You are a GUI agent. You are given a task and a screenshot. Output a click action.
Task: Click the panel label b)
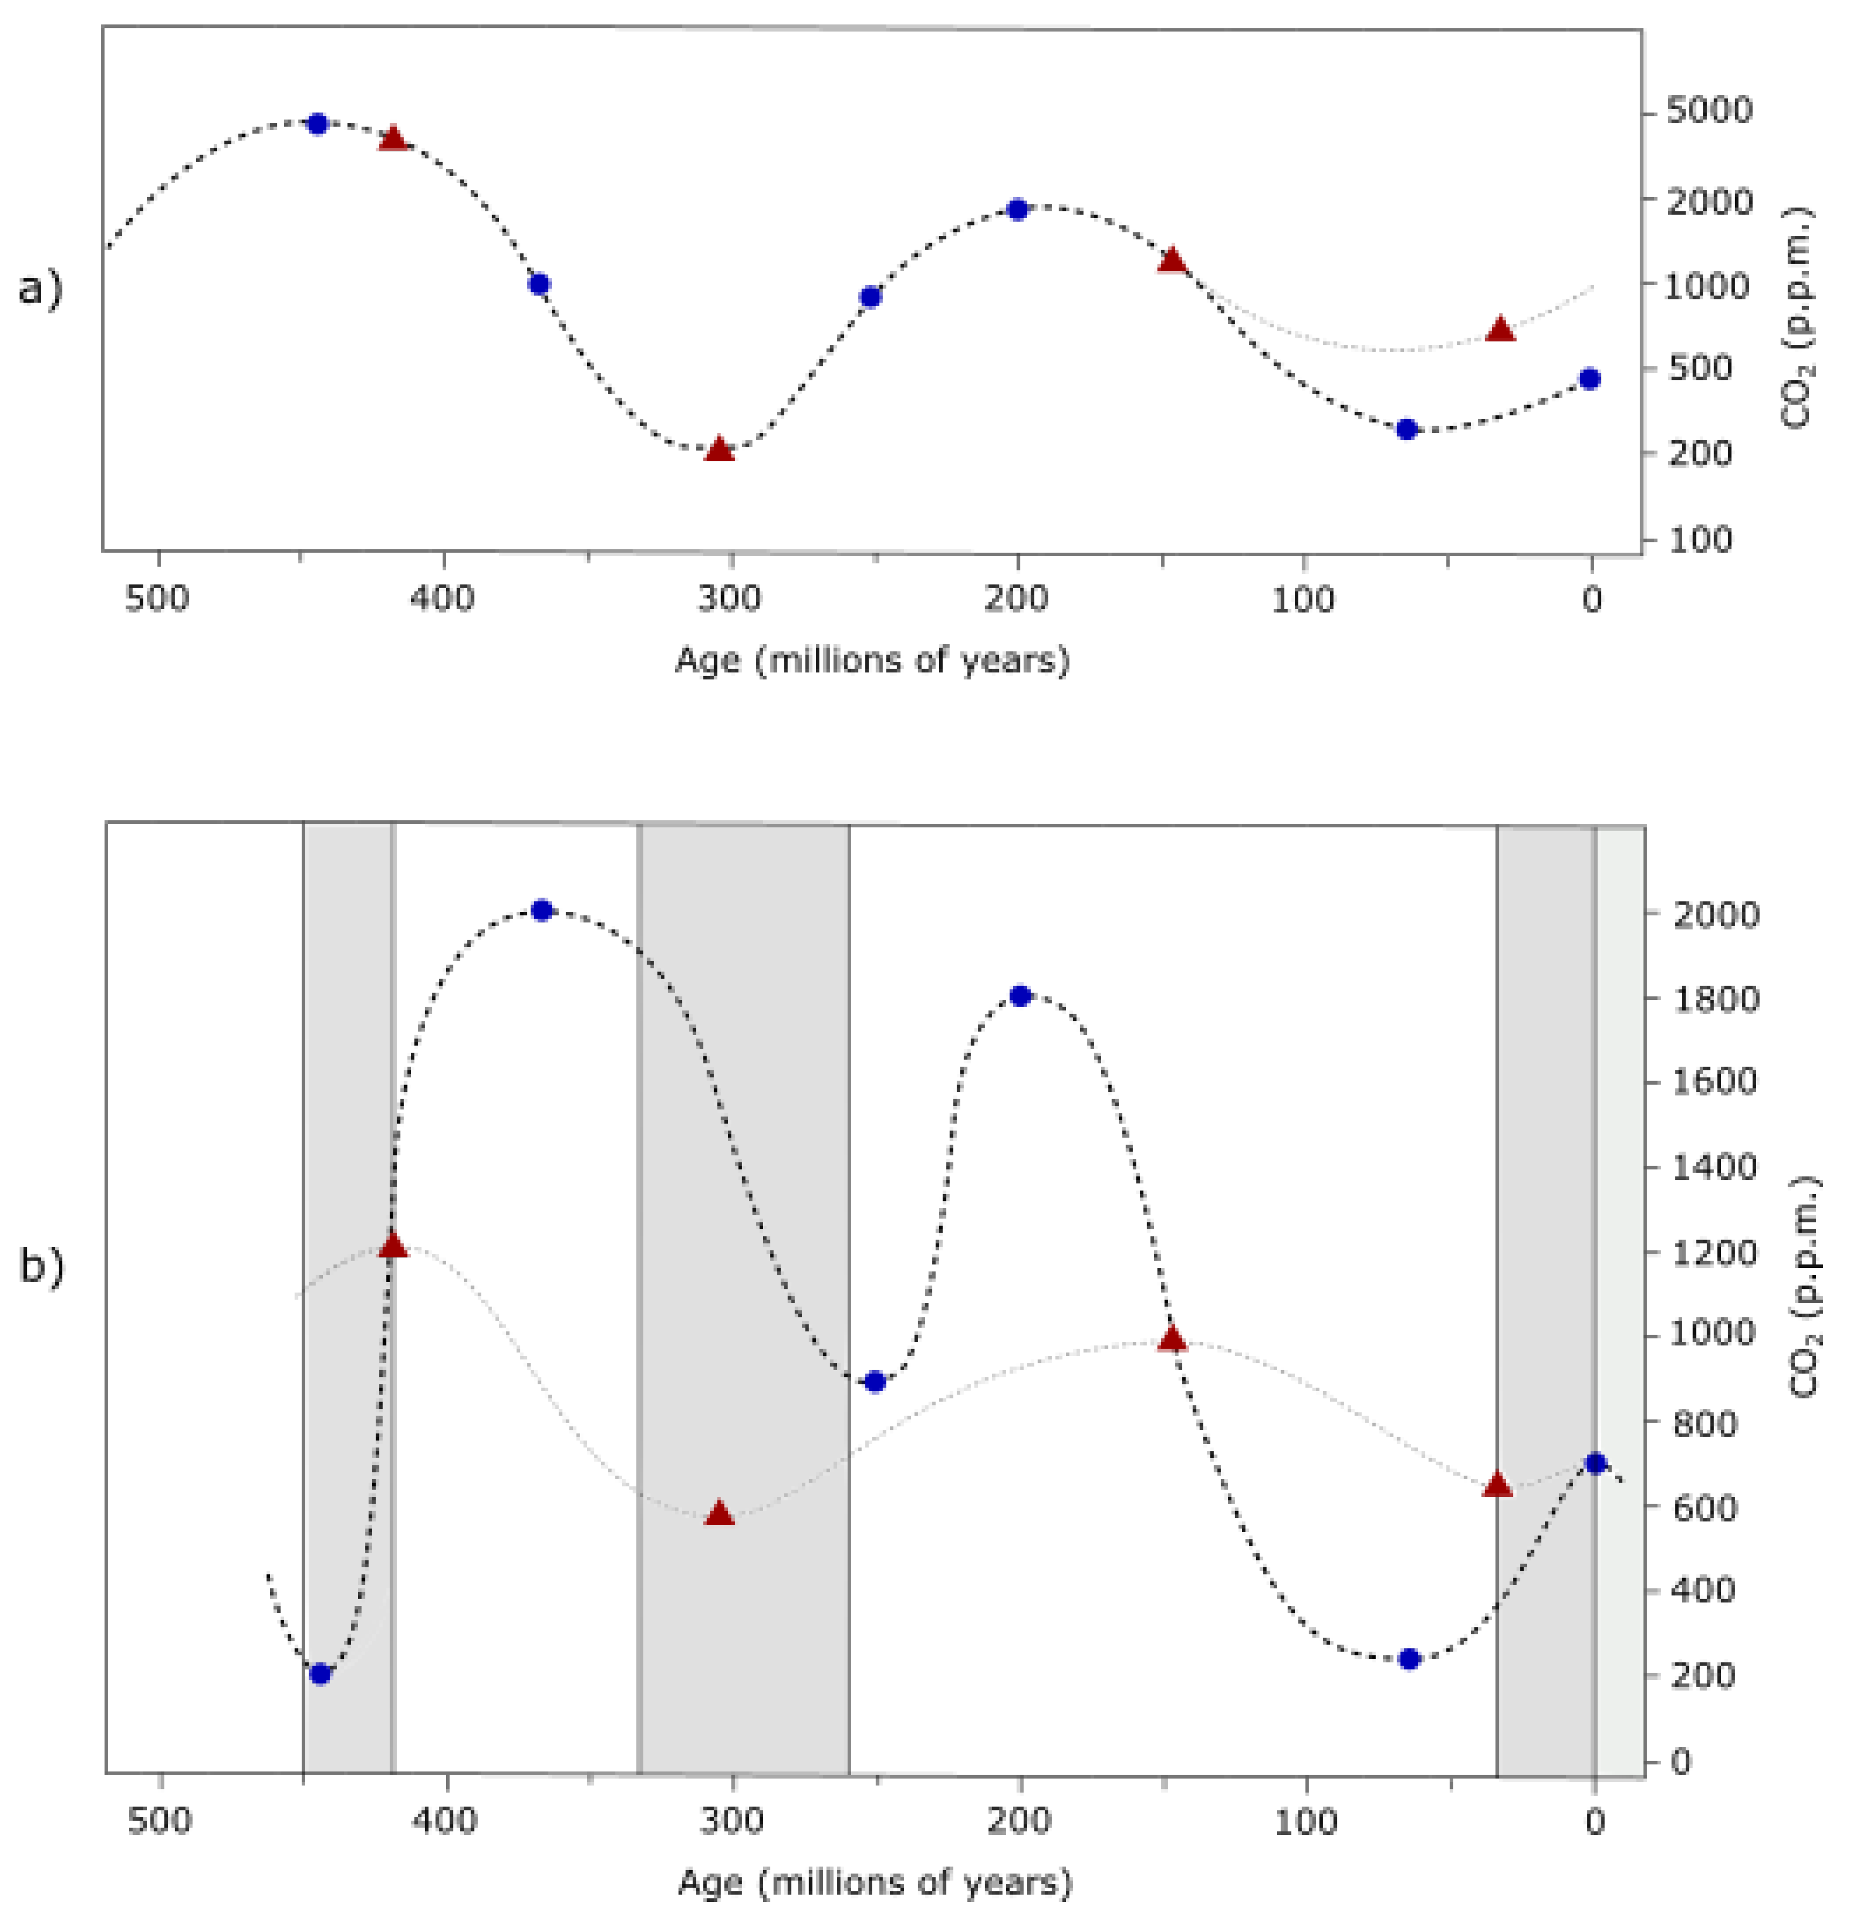(41, 1266)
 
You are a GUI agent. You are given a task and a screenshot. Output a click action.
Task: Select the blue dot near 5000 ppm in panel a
(316, 123)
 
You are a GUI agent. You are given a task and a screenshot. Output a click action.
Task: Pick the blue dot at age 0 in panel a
(1590, 379)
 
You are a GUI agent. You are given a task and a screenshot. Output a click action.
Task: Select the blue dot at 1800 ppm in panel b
(1020, 996)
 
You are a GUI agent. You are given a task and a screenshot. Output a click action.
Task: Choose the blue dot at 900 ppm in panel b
(875, 1381)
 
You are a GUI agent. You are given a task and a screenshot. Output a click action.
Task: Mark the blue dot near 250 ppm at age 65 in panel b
(1409, 1659)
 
